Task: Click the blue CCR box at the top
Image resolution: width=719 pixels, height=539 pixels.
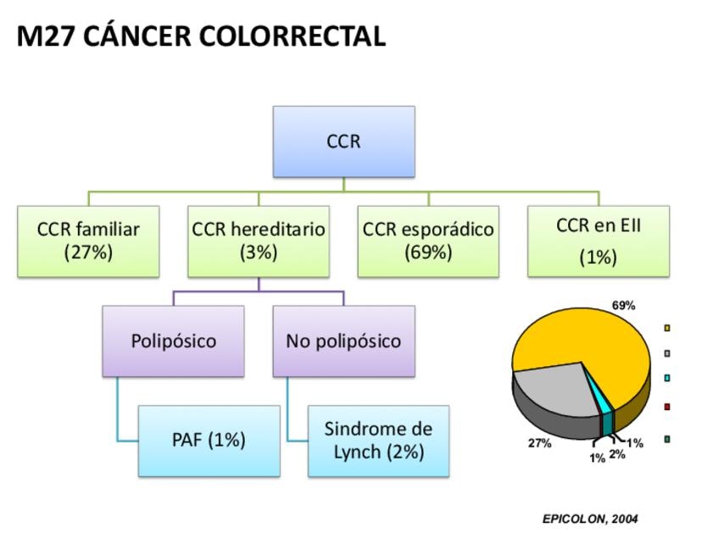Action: [343, 142]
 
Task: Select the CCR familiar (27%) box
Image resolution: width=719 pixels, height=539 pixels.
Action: [88, 241]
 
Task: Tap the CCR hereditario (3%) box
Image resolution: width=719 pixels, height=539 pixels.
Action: [259, 241]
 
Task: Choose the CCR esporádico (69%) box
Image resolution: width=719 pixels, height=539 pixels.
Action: [428, 241]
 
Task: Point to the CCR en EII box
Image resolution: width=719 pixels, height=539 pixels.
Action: [598, 241]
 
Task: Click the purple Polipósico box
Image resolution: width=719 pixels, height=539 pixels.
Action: [174, 341]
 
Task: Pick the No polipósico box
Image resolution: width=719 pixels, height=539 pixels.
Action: [343, 341]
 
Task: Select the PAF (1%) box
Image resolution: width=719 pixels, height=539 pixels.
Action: [209, 440]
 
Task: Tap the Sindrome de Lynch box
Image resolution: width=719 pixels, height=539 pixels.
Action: [378, 440]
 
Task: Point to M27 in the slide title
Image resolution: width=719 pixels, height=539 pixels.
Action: [45, 36]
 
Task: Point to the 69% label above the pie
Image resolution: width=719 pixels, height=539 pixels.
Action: [623, 305]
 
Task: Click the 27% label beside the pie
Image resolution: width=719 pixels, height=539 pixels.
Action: [540, 443]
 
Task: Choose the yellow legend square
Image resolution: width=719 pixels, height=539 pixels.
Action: [668, 328]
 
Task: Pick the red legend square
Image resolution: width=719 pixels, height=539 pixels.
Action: [668, 408]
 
